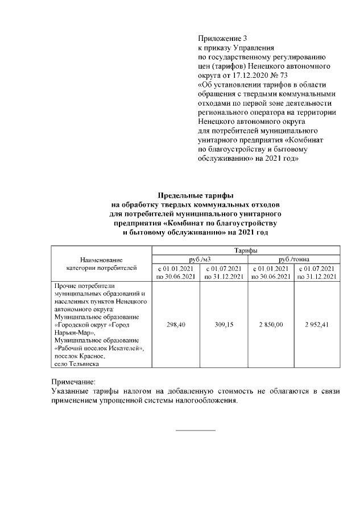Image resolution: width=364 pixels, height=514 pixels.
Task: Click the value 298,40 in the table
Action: [x=176, y=324]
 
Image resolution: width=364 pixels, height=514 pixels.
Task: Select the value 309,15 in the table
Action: [x=223, y=324]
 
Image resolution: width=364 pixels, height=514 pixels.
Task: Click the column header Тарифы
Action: [x=245, y=250]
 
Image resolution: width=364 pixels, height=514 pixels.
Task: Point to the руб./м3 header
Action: [x=200, y=259]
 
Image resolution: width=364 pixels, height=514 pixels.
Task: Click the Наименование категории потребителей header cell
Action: [x=101, y=263]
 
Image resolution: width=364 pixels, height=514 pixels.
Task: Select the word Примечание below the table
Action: [x=73, y=382]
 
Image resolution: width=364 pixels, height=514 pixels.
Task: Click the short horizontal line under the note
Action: [x=196, y=430]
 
